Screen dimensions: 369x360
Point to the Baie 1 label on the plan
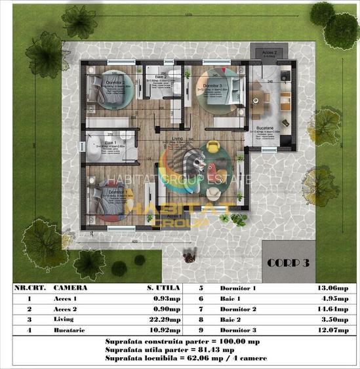click(x=110, y=142)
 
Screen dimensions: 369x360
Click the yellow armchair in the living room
click(x=210, y=145)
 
